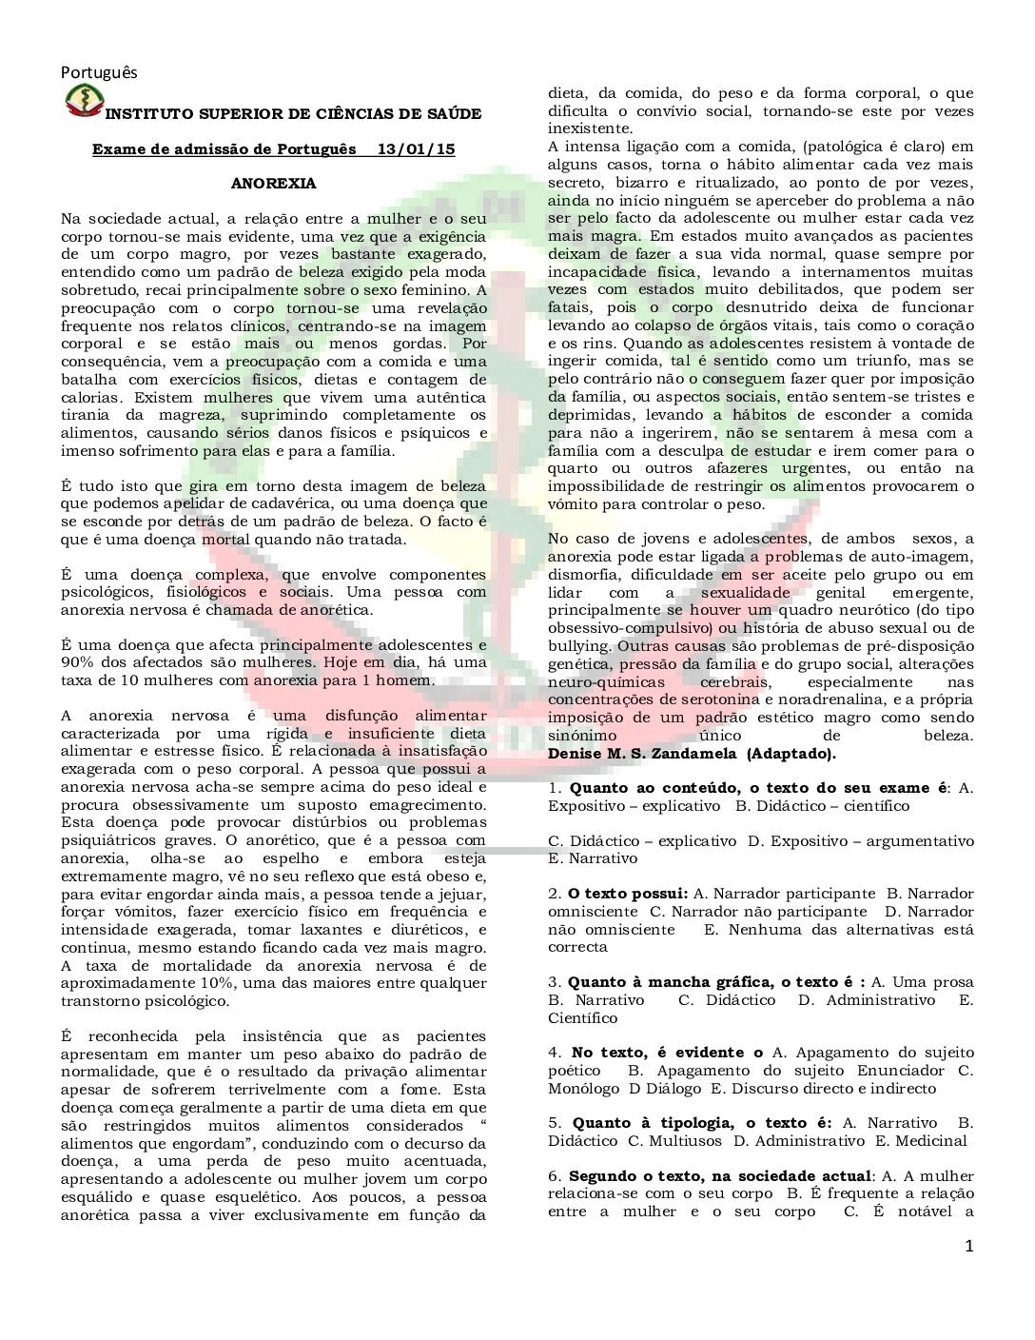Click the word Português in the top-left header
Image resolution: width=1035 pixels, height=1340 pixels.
click(99, 72)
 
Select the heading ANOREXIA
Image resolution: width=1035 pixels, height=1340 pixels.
click(273, 184)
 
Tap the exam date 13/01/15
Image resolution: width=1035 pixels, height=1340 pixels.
click(416, 149)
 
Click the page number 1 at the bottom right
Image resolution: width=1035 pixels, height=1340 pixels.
click(968, 1247)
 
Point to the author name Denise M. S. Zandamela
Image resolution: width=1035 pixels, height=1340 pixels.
click(642, 754)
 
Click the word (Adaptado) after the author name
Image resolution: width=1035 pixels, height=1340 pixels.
click(791, 754)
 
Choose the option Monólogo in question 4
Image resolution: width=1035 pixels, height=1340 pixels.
click(583, 1089)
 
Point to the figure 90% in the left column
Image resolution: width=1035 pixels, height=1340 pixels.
click(77, 662)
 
